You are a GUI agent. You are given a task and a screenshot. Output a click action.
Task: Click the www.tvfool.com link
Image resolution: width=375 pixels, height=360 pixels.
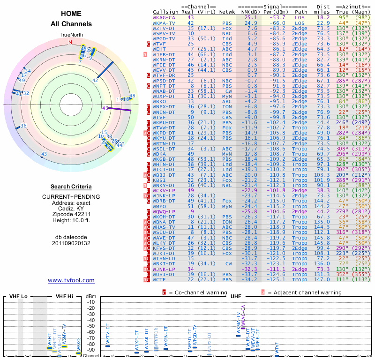click(x=71, y=280)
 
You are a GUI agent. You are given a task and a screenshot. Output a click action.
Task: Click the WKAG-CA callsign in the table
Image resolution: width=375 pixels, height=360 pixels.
click(x=164, y=17)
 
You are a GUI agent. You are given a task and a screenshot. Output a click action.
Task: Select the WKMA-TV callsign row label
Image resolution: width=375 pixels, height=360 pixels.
click(x=164, y=22)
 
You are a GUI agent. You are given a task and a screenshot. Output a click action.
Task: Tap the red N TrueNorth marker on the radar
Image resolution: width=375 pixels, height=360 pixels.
click(x=71, y=42)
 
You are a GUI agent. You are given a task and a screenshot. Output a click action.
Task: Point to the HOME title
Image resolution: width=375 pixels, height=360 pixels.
click(x=70, y=14)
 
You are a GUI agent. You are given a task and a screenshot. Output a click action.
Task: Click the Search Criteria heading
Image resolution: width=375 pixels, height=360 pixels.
click(x=71, y=187)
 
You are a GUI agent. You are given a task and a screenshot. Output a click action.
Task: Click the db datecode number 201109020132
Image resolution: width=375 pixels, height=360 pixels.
click(x=71, y=243)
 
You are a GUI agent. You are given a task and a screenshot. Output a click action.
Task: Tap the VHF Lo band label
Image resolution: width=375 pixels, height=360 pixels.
click(x=18, y=296)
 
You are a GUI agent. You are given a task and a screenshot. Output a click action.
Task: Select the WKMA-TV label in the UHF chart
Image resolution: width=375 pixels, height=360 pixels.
click(x=239, y=323)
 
